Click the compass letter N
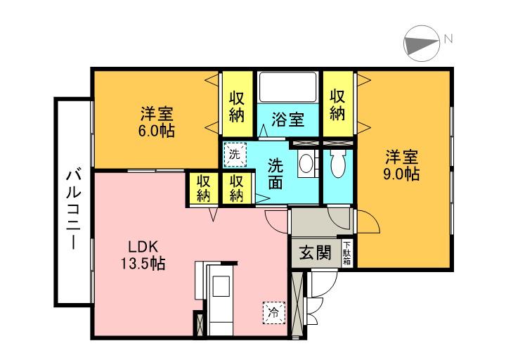[448, 39]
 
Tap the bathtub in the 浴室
[288, 87]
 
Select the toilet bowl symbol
[338, 164]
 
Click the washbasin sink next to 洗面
[305, 163]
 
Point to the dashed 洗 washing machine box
[235, 155]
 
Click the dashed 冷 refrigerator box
[274, 312]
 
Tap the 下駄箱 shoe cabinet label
[346, 253]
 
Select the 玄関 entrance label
[316, 252]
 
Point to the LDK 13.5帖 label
[143, 255]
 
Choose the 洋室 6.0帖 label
[157, 122]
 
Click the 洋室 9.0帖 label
[401, 165]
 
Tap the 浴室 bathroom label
[287, 119]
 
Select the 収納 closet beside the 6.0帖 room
[238, 103]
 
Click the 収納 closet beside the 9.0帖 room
[338, 103]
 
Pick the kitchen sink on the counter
[221, 286]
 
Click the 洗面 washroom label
[275, 174]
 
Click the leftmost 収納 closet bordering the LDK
[204, 188]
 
